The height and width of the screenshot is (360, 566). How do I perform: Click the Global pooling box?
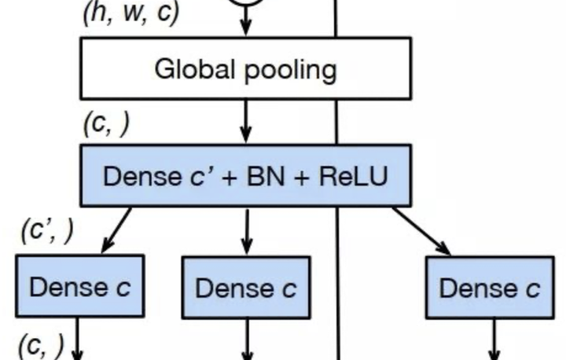coord(245,69)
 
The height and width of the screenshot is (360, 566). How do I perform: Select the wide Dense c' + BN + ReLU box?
coord(245,175)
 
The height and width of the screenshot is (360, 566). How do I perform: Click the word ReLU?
coord(353,175)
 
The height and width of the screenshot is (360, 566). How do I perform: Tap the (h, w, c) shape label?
coord(130,13)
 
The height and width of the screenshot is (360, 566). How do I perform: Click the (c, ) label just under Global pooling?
coord(105,124)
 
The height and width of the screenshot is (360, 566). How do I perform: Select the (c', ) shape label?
coord(47,230)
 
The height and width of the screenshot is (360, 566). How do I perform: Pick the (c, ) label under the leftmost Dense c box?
coord(39,343)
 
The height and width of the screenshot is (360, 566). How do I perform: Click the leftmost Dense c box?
coord(79,286)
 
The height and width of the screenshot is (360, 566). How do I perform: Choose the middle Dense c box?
coord(245,288)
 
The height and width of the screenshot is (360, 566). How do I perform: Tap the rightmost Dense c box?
coord(489,288)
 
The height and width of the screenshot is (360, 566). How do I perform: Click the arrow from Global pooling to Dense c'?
coord(246,121)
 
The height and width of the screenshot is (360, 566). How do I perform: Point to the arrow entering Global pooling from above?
coord(246,24)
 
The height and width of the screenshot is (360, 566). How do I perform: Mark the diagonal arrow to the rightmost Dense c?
coord(422,231)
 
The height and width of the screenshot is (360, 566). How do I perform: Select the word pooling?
coord(290,71)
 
